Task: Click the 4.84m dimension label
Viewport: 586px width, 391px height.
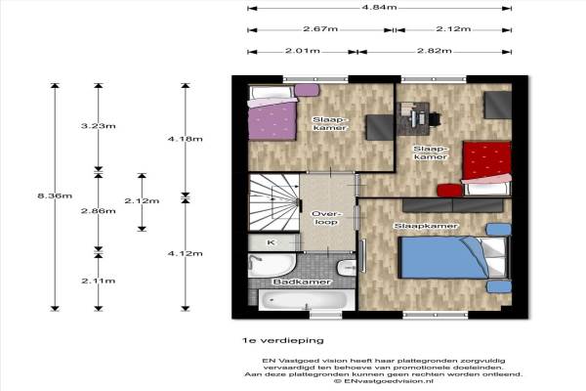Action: point(379,7)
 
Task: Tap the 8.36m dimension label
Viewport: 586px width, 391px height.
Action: point(55,195)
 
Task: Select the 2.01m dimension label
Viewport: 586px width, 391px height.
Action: point(303,51)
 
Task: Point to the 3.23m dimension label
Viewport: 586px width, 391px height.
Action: point(99,126)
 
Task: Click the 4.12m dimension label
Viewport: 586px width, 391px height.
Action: point(185,253)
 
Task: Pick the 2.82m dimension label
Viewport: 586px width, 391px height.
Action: point(435,51)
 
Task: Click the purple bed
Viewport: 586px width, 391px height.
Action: point(272,113)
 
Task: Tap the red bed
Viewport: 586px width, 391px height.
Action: point(486,168)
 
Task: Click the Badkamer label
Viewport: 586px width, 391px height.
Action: point(302,282)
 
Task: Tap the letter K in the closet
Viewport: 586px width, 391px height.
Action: point(271,242)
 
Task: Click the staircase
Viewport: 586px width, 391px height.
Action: point(274,202)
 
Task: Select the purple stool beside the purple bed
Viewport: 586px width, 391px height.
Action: point(307,90)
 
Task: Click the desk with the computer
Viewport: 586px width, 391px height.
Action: point(413,118)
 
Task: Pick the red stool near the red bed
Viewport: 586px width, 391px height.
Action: point(449,191)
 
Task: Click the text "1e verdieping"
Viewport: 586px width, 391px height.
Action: point(282,340)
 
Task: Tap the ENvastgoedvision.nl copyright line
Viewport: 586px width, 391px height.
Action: point(384,381)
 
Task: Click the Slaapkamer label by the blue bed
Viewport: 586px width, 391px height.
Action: point(426,226)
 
